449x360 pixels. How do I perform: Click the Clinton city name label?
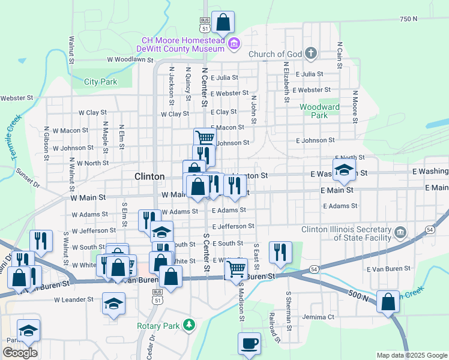(149, 176)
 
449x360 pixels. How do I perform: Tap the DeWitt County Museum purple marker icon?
(234, 43)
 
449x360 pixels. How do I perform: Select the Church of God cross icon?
(310, 54)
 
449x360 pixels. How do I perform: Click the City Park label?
(100, 82)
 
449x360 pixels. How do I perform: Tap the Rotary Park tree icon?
(190, 325)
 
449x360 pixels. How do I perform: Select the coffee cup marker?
(249, 344)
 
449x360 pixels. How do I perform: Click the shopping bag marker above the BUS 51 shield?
(223, 23)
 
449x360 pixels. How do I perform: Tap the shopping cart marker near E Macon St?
(205, 138)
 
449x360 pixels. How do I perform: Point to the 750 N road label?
(408, 19)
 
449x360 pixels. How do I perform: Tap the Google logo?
(20, 353)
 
